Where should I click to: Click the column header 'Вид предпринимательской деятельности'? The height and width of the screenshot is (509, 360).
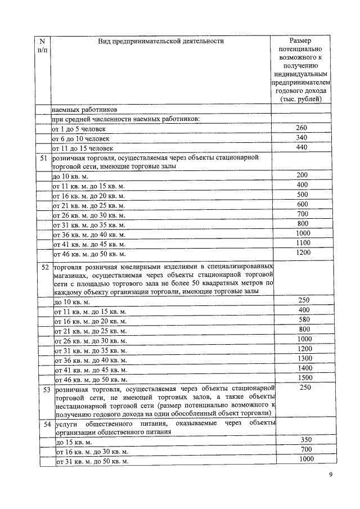(161, 41)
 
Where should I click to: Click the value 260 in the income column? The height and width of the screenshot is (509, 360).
(302, 128)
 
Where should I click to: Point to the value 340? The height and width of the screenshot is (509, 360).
(302, 138)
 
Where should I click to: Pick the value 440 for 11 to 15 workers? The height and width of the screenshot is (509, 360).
(302, 147)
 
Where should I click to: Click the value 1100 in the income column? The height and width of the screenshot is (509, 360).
(303, 242)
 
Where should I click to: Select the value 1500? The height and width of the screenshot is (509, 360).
(304, 377)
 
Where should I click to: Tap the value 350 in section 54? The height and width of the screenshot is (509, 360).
(304, 440)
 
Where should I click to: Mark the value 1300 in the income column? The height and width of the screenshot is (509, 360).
(304, 358)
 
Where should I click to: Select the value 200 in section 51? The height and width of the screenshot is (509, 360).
(303, 175)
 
